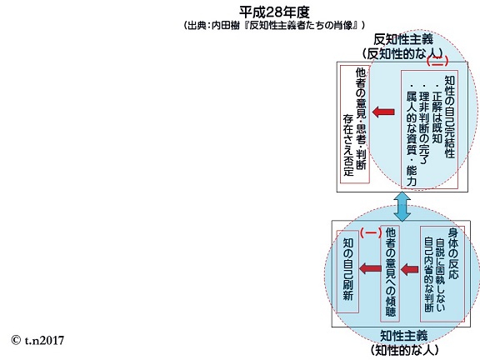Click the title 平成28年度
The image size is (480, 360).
click(x=274, y=12)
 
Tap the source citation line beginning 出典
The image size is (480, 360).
click(x=274, y=25)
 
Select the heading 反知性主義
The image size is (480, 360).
click(x=403, y=39)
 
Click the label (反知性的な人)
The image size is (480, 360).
click(x=402, y=53)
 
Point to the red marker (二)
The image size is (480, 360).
click(x=437, y=61)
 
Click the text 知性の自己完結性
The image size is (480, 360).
click(x=449, y=117)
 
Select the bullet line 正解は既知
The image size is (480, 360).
click(x=437, y=114)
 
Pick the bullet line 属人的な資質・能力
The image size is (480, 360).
click(x=411, y=135)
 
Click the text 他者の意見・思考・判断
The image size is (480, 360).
click(x=361, y=118)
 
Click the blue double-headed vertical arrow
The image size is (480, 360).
click(x=402, y=207)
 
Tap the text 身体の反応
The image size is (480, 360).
click(x=453, y=254)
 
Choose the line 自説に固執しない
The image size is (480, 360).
click(x=440, y=274)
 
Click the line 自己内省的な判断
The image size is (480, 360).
click(x=429, y=274)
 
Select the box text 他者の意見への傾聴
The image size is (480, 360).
click(x=390, y=272)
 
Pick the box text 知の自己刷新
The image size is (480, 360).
click(x=348, y=269)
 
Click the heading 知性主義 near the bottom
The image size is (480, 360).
click(x=403, y=336)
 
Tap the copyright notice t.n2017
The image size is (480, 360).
click(x=37, y=340)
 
